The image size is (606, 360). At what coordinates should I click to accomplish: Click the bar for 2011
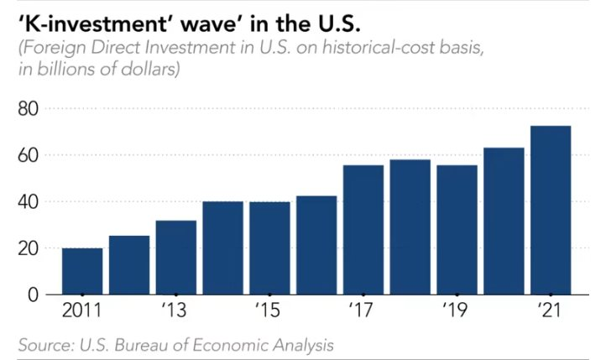[x=82, y=271]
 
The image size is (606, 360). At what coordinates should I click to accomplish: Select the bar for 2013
[x=176, y=258]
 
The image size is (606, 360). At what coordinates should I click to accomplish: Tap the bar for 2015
[x=269, y=248]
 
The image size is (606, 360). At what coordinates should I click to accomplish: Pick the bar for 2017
[x=363, y=230]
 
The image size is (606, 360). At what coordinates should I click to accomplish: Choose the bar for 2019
[x=457, y=230]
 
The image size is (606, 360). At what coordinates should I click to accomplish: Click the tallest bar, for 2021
[x=551, y=210]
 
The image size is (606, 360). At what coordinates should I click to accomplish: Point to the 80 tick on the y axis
[x=29, y=109]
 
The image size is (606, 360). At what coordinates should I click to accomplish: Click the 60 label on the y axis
[x=29, y=155]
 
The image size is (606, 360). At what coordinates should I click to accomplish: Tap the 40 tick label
[x=29, y=201]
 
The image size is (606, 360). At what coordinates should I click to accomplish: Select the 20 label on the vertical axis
[x=29, y=248]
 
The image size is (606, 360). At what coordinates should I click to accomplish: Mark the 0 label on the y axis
[x=34, y=295]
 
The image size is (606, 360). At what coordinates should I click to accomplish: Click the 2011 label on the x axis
[x=81, y=310]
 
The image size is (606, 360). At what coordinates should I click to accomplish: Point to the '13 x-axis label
[x=174, y=310]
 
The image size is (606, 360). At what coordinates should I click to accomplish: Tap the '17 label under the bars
[x=362, y=310]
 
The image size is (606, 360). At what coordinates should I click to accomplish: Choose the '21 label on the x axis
[x=549, y=310]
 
